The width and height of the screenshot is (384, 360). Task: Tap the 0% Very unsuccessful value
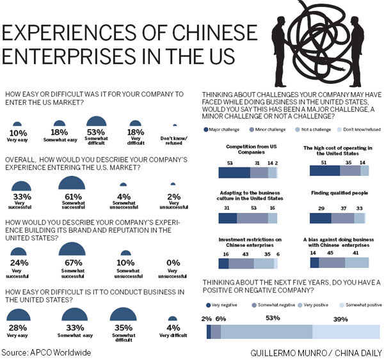point(172,262)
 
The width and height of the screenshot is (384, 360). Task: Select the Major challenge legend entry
point(222,129)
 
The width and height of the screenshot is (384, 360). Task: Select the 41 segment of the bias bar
point(356,262)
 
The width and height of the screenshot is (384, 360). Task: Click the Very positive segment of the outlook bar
point(266,331)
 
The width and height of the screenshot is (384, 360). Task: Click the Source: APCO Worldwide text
point(46,352)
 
